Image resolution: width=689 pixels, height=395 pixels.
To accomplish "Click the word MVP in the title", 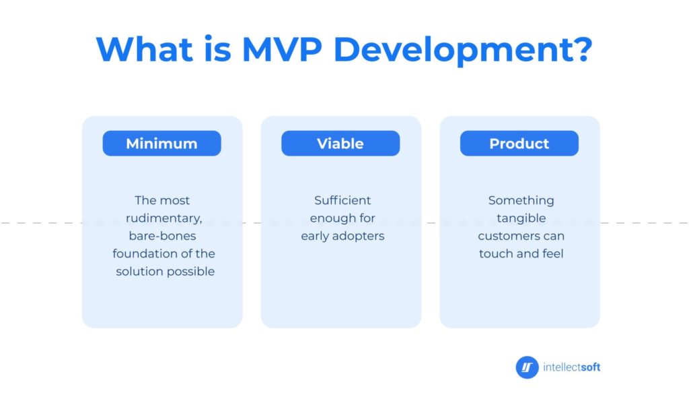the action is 282,49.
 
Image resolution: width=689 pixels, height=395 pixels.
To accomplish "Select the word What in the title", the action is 145,49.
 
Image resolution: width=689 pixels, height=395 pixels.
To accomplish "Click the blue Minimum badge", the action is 161,143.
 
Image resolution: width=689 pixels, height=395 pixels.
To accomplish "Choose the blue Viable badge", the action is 340,143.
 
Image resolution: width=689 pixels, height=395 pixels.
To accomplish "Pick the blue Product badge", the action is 519,143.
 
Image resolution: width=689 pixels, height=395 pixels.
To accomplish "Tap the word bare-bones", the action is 163,236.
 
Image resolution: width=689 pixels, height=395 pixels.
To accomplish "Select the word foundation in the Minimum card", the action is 143,253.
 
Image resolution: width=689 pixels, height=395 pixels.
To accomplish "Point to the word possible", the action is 193,272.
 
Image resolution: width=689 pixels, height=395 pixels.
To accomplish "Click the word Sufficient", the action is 342,200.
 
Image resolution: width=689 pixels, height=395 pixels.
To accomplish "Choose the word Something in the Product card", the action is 521,201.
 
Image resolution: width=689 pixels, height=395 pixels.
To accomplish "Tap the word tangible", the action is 521,218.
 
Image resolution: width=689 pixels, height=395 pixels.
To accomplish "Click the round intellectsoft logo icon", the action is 527,367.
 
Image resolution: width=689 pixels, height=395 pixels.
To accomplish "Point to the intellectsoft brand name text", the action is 572,367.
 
